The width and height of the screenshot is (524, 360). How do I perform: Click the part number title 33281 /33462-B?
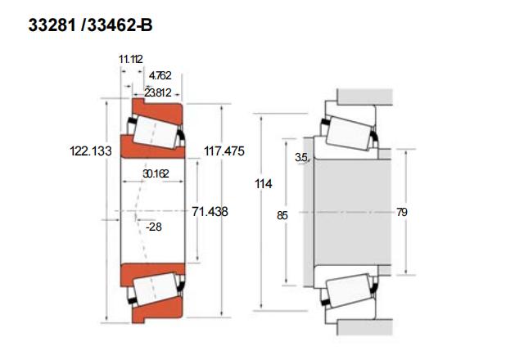coord(90,25)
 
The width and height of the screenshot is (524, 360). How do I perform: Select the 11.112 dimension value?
coord(131,59)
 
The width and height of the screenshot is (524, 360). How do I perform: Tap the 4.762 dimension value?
coord(160,75)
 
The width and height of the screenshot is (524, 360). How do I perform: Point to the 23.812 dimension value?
coord(158,92)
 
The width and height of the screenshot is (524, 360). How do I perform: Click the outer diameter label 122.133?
coord(91,151)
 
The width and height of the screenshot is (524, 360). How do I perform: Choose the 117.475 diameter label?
coord(224,151)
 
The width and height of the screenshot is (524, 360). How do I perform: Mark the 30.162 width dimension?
coord(156,173)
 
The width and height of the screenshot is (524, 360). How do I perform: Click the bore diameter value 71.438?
coord(210,211)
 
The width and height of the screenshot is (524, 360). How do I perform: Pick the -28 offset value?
coord(154,227)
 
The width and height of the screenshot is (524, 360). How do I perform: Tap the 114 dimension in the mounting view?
coord(264,183)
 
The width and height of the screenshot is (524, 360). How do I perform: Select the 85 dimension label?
coord(282,216)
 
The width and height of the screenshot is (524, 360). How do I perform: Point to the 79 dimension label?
coord(402,212)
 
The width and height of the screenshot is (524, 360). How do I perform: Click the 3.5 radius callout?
coord(301,157)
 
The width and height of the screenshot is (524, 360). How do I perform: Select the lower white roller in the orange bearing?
coord(156,289)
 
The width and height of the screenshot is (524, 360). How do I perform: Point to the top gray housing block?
coord(364,97)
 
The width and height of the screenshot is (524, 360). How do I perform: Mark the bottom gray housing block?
coord(364,327)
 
